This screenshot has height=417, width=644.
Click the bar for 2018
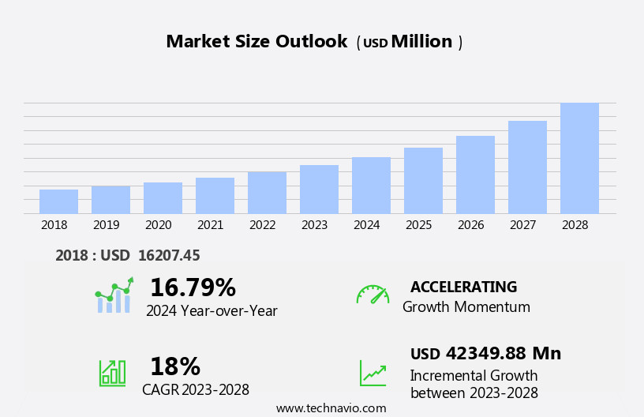pyautogui.click(x=58, y=201)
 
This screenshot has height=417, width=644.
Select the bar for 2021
pyautogui.click(x=215, y=196)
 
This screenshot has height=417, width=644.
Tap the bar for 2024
pyautogui.click(x=371, y=186)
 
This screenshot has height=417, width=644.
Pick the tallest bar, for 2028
pyautogui.click(x=579, y=158)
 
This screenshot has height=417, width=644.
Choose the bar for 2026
pyautogui.click(x=475, y=175)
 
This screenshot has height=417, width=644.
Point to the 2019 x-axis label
pyautogui.click(x=107, y=225)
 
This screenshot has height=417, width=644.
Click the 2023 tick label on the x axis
pyautogui.click(x=314, y=225)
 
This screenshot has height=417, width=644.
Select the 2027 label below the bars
pyautogui.click(x=522, y=225)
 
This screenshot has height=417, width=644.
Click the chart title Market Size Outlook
pyautogui.click(x=256, y=42)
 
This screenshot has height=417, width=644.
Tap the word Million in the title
pyautogui.click(x=421, y=42)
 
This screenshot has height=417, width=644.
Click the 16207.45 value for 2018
pyautogui.click(x=169, y=256)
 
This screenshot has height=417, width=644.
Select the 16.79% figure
pyautogui.click(x=193, y=287)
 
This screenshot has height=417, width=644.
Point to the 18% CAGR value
pyautogui.click(x=174, y=366)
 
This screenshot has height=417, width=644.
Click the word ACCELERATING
pyautogui.click(x=463, y=287)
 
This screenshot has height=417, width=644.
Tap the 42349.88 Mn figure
pyautogui.click(x=503, y=354)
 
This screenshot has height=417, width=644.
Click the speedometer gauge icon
pyautogui.click(x=373, y=295)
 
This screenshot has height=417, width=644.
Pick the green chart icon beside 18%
pyautogui.click(x=112, y=373)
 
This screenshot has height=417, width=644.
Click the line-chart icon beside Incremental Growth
pyautogui.click(x=373, y=373)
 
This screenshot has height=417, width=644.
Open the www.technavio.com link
pyautogui.click(x=331, y=408)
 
